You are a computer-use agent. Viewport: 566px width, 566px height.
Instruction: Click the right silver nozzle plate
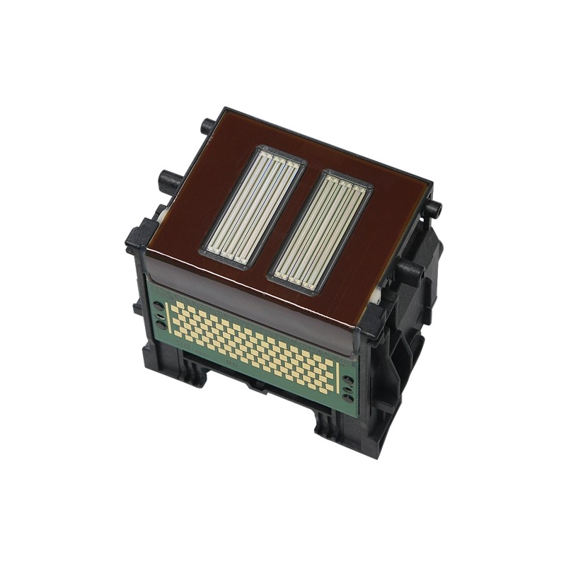coord(320,232)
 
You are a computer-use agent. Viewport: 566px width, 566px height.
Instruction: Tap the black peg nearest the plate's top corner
coord(207,127)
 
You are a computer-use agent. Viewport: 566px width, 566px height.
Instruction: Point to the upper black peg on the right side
coord(433,209)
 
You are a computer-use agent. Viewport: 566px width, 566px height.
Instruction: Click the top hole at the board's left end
coord(157,306)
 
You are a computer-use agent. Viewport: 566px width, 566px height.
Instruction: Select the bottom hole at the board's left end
coord(161,325)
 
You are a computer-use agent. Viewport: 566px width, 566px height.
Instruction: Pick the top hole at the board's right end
coord(347,380)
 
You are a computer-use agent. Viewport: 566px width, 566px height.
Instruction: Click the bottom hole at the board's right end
coord(347,399)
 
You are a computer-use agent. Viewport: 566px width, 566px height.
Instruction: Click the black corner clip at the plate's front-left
coord(140,238)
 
